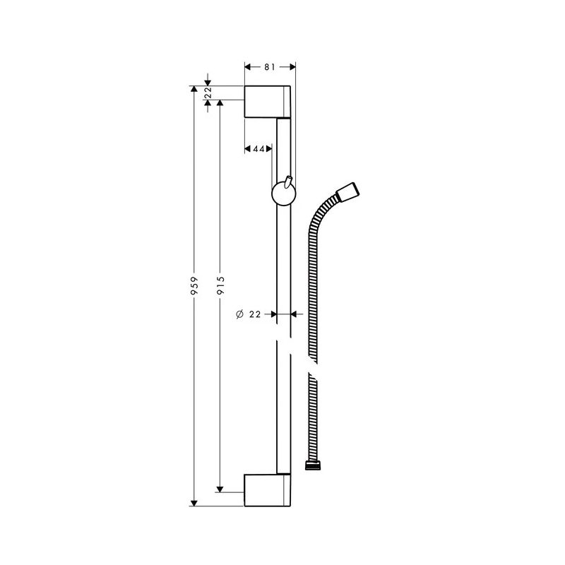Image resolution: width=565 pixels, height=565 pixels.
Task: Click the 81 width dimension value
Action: [270, 67]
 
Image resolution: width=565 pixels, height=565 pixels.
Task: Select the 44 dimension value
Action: [258, 149]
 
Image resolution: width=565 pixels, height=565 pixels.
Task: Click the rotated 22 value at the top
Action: [208, 92]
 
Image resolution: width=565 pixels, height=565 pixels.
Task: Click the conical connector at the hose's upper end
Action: [350, 192]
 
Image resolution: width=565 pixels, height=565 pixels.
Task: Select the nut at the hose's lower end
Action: [311, 465]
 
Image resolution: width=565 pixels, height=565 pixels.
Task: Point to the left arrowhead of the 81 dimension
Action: [248, 67]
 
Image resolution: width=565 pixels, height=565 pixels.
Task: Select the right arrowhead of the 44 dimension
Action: [269, 149]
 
